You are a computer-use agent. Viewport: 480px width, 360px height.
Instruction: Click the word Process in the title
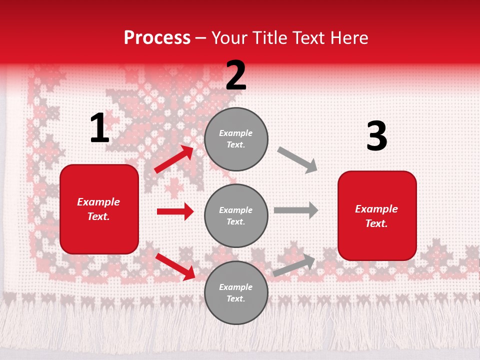pyautogui.click(x=157, y=37)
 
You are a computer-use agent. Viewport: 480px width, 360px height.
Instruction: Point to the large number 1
pyautogui.click(x=99, y=128)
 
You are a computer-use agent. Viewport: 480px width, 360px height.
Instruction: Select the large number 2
pyautogui.click(x=236, y=75)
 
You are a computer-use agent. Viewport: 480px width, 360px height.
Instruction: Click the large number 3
pyautogui.click(x=376, y=136)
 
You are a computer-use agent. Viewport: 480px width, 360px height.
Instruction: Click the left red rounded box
pyautogui.click(x=99, y=209)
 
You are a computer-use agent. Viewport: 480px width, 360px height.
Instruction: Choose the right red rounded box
pyautogui.click(x=377, y=215)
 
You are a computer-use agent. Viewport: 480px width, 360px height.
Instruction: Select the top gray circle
pyautogui.click(x=236, y=139)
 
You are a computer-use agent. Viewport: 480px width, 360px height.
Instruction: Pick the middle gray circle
pyautogui.click(x=236, y=215)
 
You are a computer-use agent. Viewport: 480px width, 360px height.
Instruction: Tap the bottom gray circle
pyautogui.click(x=236, y=292)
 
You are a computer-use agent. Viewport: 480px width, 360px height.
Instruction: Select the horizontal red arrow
pyautogui.click(x=175, y=211)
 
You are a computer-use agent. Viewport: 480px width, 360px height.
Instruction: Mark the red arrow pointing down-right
pyautogui.click(x=175, y=266)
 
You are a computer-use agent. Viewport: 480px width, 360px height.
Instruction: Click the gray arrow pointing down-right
pyautogui.click(x=297, y=160)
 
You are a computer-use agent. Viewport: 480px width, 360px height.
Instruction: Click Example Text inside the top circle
pyautogui.click(x=236, y=139)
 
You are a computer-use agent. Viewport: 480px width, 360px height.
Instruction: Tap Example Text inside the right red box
pyautogui.click(x=376, y=216)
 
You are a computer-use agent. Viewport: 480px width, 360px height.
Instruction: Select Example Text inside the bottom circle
pyautogui.click(x=236, y=292)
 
